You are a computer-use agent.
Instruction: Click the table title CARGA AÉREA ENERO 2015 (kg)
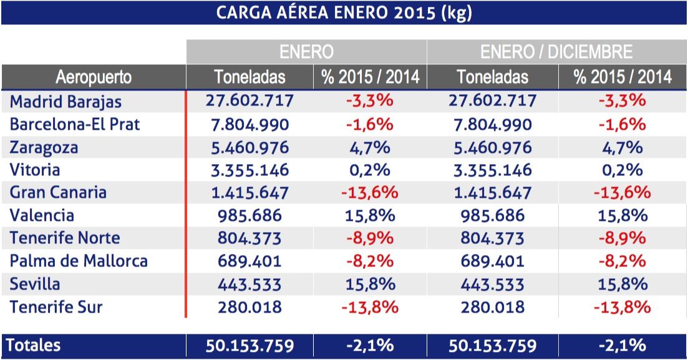[x=344, y=12]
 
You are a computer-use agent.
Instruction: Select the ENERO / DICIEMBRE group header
[x=556, y=51]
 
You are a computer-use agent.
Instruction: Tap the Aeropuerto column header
[x=94, y=77]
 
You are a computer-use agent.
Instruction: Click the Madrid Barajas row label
[x=65, y=101]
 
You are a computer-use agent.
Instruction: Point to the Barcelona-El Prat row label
[x=75, y=124]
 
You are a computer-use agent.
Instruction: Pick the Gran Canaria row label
[x=58, y=192]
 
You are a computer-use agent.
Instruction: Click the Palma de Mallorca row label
[x=79, y=261]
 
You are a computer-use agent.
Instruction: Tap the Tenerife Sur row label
[x=56, y=307]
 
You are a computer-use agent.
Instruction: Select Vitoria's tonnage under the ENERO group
[x=250, y=170]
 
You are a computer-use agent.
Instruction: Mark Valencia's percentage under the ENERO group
[x=370, y=216]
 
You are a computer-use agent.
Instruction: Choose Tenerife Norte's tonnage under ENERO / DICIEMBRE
[x=493, y=238]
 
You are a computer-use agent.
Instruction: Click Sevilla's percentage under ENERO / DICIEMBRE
[x=623, y=285]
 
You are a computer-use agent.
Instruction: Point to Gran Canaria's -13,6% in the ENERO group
[x=370, y=193]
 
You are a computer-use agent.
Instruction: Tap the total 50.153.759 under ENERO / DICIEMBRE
[x=493, y=346]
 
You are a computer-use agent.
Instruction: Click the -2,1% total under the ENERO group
[x=370, y=346]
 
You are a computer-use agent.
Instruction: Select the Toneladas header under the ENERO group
[x=250, y=77]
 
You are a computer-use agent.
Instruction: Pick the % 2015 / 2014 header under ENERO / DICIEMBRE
[x=623, y=77]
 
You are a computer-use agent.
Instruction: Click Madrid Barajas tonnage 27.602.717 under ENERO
[x=250, y=101]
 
